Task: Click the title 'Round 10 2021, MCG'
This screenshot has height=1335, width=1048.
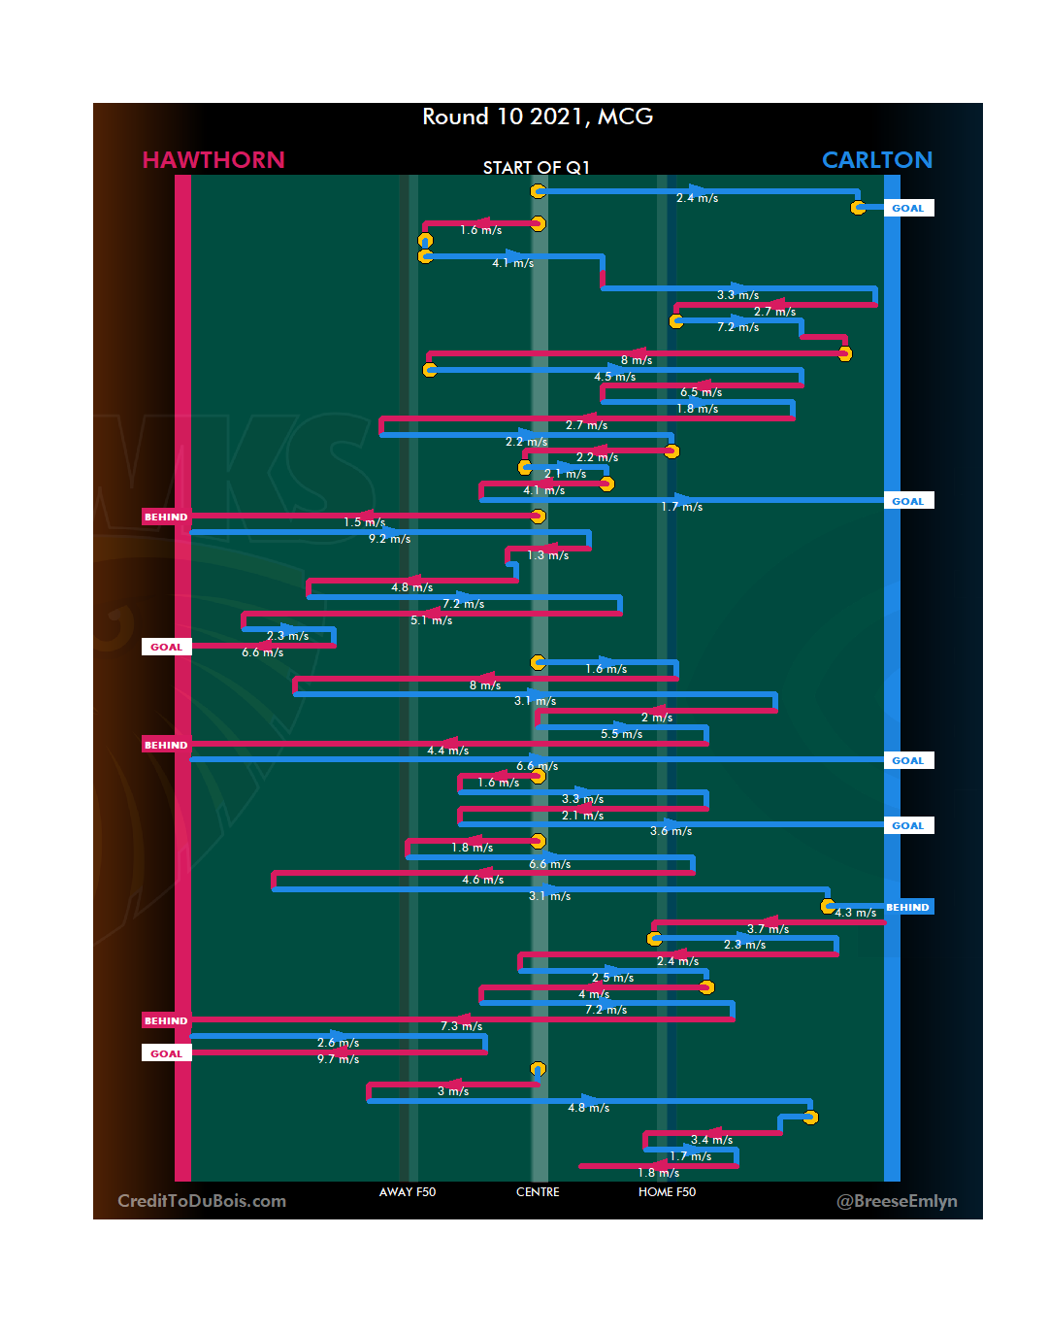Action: coord(538,117)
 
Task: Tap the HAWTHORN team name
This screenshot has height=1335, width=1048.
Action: coord(213,160)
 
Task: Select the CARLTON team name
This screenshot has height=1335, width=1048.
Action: coord(876,160)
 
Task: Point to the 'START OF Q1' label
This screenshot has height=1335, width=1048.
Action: coord(537,168)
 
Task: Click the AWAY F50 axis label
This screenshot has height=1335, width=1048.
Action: coord(408,1192)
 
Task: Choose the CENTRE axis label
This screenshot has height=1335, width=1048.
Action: coord(538,1192)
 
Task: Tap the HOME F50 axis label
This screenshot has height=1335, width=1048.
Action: coord(667,1192)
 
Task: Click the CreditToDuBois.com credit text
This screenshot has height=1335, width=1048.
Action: coord(202,1201)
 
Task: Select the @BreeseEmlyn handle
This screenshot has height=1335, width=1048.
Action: coord(897,1201)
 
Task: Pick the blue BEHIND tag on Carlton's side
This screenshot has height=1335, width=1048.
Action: coord(907,908)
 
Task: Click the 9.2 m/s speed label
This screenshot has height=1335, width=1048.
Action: coord(389,539)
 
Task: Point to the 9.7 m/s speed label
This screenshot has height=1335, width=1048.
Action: coord(338,1059)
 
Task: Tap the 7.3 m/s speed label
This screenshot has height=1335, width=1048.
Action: coord(461,1026)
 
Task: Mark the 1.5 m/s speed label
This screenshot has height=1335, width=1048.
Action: coord(364,522)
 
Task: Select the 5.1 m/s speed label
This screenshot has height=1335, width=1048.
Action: coord(431,620)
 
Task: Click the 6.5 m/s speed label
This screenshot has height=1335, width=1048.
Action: coord(701,392)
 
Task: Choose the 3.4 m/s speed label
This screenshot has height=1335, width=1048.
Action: coord(711,1140)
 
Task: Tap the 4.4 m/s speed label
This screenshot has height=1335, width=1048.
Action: coord(447,751)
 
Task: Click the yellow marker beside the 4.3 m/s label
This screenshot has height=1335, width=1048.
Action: coord(828,906)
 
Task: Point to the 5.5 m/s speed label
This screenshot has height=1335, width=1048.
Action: coord(621,734)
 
